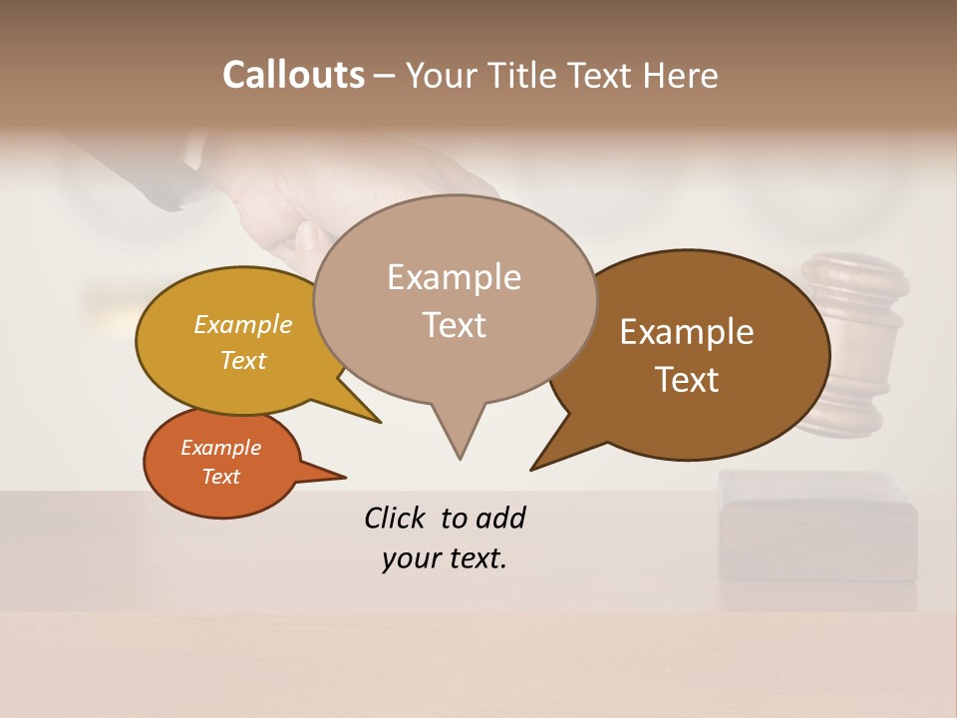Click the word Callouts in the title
293,76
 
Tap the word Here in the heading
682,76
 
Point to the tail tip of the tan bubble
460,459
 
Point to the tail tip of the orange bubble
345,477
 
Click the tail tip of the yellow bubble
380,422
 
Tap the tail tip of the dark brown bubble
531,469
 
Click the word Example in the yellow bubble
243,325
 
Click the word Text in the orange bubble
221,477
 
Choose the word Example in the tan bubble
455,277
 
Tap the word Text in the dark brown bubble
687,380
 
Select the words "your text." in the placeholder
445,558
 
